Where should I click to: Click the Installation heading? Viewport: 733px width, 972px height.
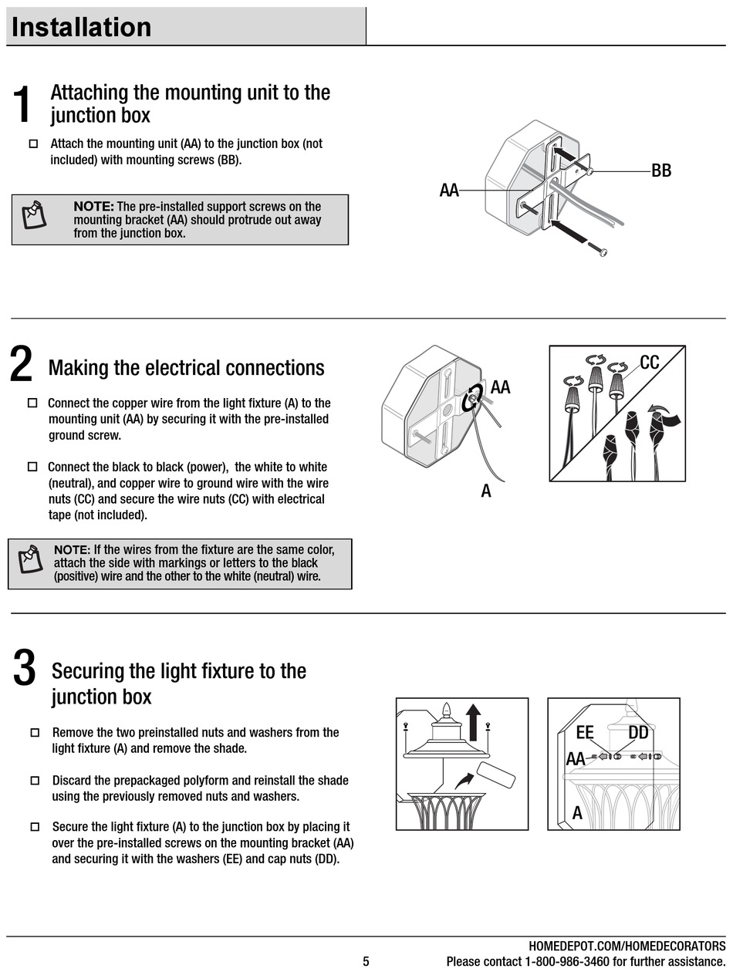82,27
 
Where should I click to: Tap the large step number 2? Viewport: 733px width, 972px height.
22,364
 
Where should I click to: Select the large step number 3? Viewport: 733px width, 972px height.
25,668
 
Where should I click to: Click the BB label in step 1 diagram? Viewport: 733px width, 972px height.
661,170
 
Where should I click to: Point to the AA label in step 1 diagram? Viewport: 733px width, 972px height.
449,190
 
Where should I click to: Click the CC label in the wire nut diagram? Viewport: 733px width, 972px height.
650,362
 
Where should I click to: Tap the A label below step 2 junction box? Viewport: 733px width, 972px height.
486,491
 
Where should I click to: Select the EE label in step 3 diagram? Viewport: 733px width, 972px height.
585,732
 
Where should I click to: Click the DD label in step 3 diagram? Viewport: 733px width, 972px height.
638,732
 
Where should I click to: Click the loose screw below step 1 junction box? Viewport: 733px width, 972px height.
599,250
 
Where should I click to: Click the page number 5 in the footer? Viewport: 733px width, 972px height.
366,961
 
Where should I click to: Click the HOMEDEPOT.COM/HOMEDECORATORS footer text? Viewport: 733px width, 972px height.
627,947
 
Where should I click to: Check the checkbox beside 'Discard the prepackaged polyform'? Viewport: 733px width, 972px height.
34,781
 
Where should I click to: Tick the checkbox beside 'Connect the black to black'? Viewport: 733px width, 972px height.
32,467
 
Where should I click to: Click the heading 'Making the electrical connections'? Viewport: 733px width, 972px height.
186,367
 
